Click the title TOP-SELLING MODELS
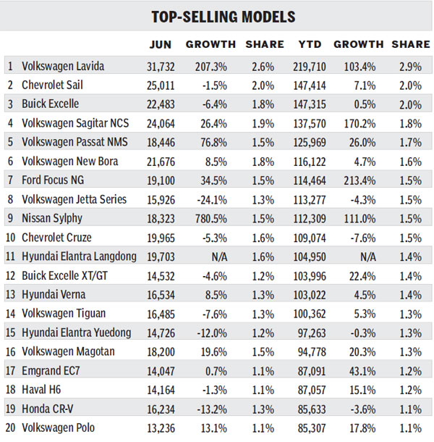pos(217,16)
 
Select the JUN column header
pos(161,44)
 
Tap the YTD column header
pos(311,44)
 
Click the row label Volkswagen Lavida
pos(63,67)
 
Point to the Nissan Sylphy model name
pos(52,218)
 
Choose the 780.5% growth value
pos(210,218)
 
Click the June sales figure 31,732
pos(161,67)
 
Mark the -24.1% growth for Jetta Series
pos(210,199)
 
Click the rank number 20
pos(11,427)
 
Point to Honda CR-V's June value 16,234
pos(161,408)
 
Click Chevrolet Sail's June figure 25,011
pos(161,86)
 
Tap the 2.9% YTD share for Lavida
pos(411,67)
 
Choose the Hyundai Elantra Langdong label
pos(79,257)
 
